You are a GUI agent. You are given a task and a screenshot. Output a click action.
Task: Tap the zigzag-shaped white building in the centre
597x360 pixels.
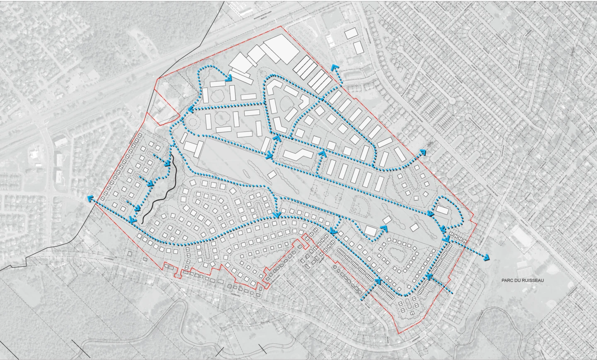point(298,155)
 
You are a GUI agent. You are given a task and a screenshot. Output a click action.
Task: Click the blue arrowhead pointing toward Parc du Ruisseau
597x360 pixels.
point(486,258)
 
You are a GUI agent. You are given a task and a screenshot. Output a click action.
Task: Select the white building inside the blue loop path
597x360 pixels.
point(442,210)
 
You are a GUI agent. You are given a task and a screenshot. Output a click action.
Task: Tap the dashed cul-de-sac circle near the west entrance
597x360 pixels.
point(192,122)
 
